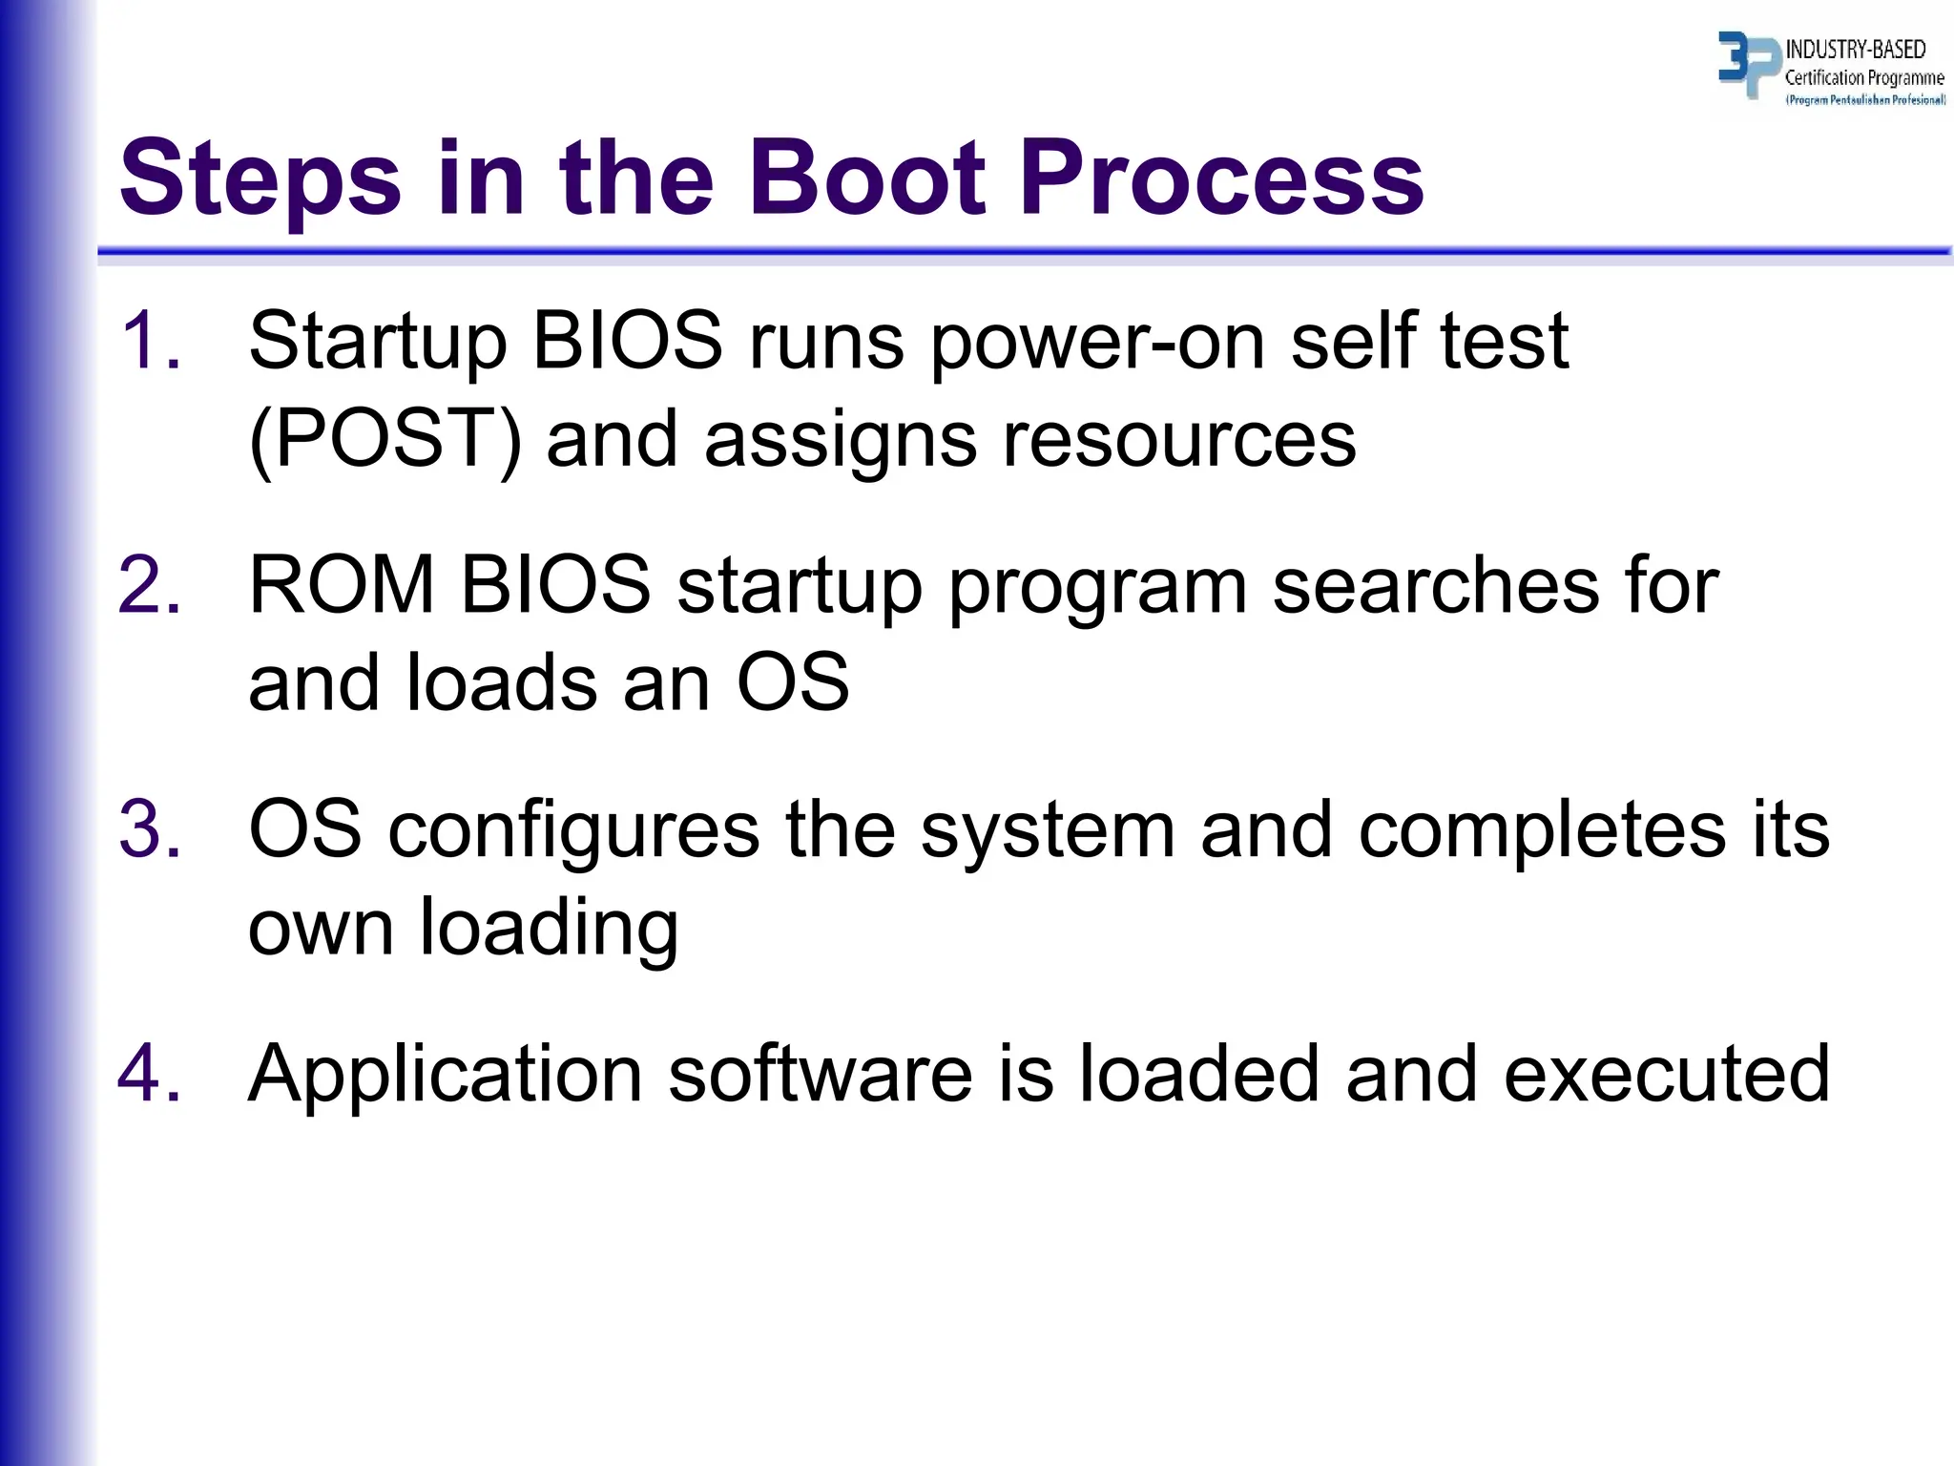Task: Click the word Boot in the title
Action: coord(866,178)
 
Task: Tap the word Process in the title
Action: coord(1221,178)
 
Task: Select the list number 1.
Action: coord(150,340)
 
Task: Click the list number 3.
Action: coord(150,828)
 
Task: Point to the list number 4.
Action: coord(150,1073)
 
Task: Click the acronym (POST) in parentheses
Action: coord(385,439)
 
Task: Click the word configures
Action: coord(573,830)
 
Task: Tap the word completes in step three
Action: coord(1542,830)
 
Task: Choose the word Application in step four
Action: coord(445,1075)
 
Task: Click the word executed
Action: coord(1667,1073)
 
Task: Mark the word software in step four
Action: coord(820,1073)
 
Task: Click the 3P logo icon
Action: coord(1747,64)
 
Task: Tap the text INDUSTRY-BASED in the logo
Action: coord(1855,50)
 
